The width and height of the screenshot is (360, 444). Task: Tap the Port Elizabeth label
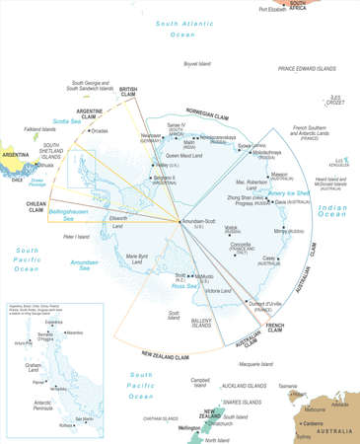pos(277,9)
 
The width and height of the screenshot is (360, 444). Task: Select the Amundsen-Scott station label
pos(198,224)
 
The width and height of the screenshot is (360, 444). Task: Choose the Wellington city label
pos(192,427)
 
